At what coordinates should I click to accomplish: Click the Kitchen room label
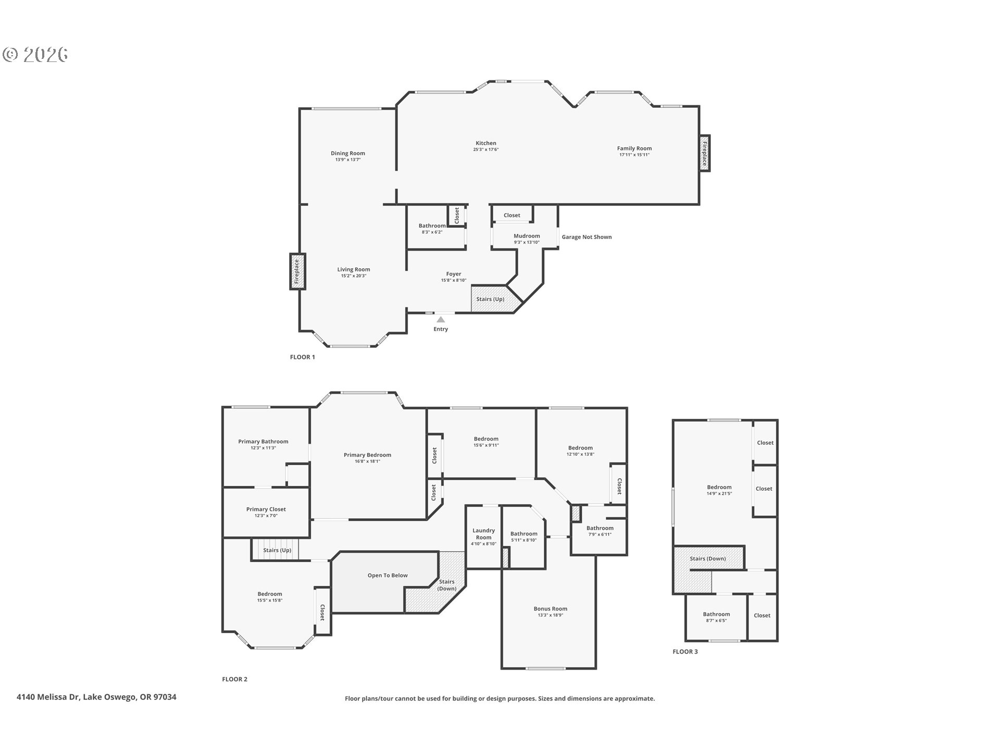[x=485, y=143]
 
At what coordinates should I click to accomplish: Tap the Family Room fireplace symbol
[x=704, y=153]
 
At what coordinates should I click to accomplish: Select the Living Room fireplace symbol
[x=297, y=271]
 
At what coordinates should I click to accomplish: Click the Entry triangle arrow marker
[x=441, y=319]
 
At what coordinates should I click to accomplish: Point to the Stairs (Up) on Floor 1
[x=490, y=299]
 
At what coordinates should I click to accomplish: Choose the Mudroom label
[x=527, y=236]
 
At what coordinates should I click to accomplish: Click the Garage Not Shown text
[x=586, y=237]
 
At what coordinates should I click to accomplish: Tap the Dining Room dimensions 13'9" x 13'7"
[x=348, y=160]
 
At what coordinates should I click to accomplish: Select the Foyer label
[x=454, y=274]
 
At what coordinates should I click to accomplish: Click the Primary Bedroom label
[x=367, y=455]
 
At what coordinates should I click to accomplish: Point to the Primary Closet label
[x=266, y=509]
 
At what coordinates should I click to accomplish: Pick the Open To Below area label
[x=387, y=576]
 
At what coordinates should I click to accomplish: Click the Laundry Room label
[x=483, y=534]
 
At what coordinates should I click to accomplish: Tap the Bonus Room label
[x=550, y=608]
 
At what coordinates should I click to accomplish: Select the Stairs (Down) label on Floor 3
[x=708, y=558]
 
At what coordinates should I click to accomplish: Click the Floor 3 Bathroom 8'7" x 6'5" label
[x=716, y=617]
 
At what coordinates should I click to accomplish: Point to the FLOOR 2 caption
[x=234, y=679]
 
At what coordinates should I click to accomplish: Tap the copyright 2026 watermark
[x=35, y=55]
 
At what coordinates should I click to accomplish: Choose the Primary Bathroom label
[x=263, y=442]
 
